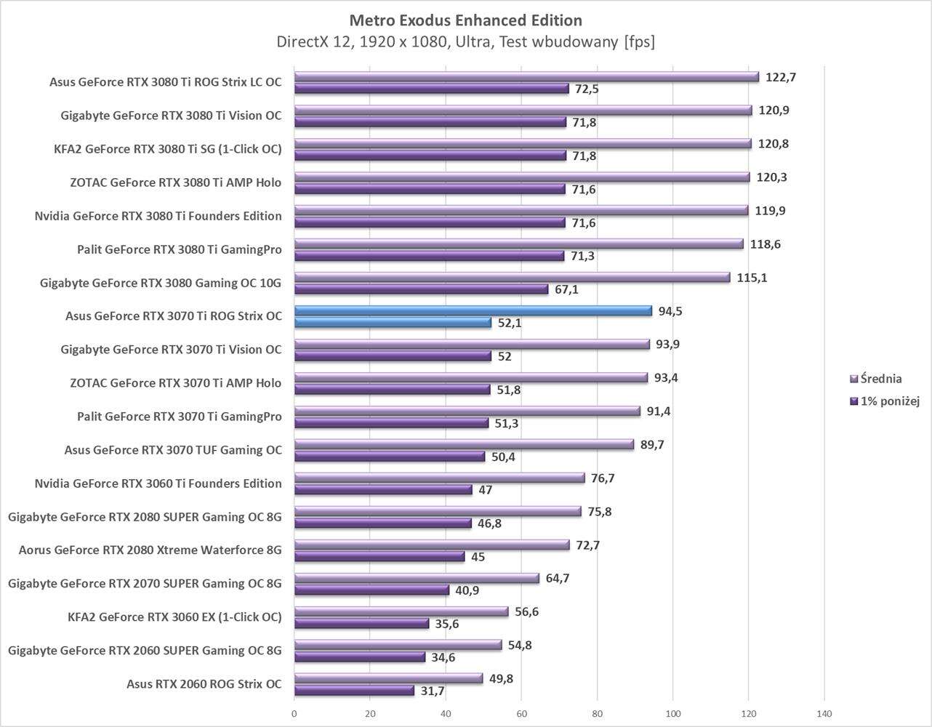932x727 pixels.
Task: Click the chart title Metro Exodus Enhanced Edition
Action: (x=465, y=20)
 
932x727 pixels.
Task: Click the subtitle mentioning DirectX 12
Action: (x=465, y=42)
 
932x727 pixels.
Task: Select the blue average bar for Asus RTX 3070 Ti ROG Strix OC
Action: (x=473, y=311)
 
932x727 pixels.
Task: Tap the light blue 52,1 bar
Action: (x=393, y=323)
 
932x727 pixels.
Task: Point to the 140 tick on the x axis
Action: (x=824, y=713)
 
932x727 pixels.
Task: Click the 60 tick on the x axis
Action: (x=521, y=713)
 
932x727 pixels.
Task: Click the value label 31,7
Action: (x=433, y=691)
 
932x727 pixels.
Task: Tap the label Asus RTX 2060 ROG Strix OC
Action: (x=204, y=684)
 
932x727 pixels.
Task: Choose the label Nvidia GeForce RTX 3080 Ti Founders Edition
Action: (x=158, y=216)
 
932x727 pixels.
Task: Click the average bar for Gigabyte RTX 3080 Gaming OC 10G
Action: (x=512, y=278)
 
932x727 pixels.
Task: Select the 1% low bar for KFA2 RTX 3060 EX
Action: (x=361, y=624)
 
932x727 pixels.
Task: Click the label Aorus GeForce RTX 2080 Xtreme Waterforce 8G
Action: (x=150, y=550)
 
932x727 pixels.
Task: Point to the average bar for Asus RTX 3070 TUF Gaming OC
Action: (x=463, y=445)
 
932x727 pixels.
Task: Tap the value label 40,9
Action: (x=467, y=590)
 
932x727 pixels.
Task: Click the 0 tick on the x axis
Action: (x=294, y=713)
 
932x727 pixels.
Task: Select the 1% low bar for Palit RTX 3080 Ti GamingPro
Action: (x=429, y=256)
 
